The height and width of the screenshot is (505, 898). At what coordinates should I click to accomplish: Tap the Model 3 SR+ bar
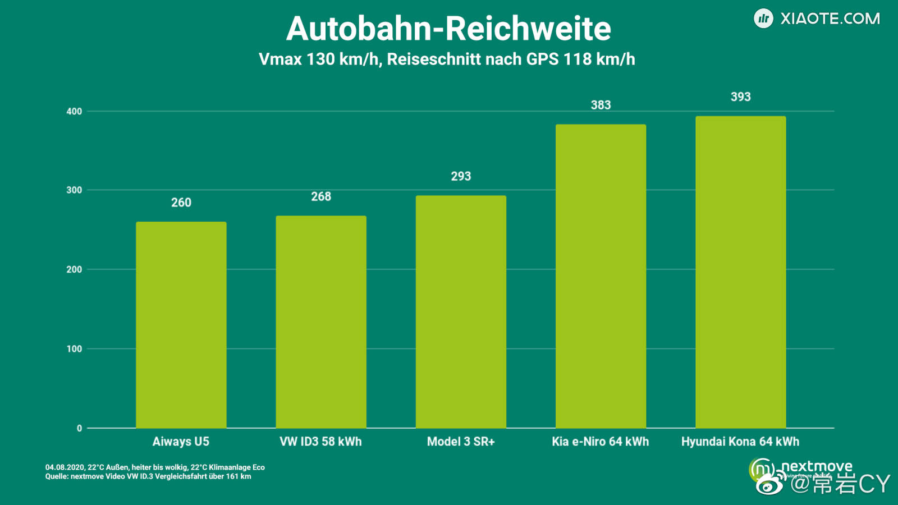461,311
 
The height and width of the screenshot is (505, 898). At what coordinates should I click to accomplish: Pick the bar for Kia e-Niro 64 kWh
601,276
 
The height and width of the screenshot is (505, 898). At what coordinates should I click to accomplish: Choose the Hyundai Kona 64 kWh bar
740,272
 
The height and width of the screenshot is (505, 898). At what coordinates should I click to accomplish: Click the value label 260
181,203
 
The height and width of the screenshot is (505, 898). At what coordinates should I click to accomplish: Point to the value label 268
321,196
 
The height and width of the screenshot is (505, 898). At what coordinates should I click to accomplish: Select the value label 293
461,176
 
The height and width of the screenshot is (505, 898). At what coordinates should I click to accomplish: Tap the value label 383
601,105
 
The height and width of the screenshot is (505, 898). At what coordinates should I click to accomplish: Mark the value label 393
740,97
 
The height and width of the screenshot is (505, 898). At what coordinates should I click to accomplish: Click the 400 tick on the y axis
74,111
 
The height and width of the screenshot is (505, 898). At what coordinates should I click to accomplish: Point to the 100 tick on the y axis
74,349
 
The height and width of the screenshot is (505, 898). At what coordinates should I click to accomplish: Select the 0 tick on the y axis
79,428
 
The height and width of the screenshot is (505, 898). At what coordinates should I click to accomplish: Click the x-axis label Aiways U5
181,442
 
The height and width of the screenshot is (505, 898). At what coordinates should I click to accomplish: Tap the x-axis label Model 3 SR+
461,442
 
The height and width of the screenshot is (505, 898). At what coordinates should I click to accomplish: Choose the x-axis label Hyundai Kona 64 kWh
740,442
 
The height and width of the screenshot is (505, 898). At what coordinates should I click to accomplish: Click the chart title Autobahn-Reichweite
448,29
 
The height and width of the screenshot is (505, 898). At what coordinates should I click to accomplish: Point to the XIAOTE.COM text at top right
830,19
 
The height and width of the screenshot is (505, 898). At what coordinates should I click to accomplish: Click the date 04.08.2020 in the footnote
65,467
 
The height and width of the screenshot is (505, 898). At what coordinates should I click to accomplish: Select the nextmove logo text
817,466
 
